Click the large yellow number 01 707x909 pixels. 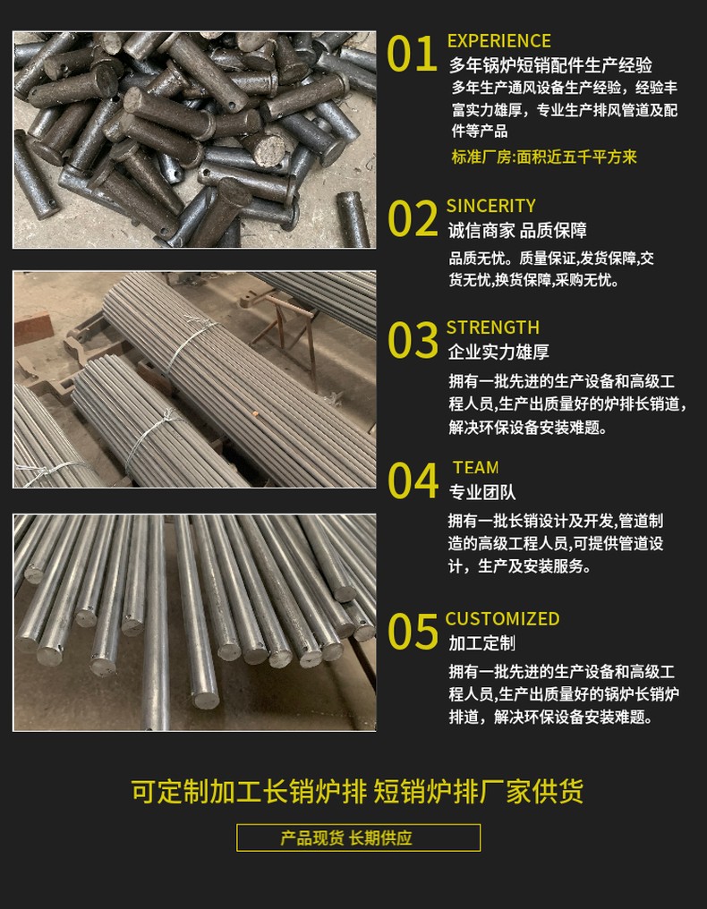coord(412,54)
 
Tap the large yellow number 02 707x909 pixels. coord(413,218)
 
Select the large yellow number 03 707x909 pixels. coord(413,340)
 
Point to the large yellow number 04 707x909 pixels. coord(413,480)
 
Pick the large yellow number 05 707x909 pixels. coord(413,632)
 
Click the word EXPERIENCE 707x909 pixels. coord(498,40)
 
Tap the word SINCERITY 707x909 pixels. coord(490,206)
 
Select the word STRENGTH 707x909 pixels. coord(492,327)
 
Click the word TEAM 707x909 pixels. coord(475,468)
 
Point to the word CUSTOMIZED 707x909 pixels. coord(502,619)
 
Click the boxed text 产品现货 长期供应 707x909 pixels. coord(359,837)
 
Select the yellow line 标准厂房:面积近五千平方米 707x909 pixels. coord(544,157)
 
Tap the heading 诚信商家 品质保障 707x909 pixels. coord(517,231)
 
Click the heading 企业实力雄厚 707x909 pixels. coord(498,352)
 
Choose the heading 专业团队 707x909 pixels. coord(482,492)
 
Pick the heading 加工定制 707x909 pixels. coord(482,643)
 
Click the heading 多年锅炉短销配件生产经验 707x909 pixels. coord(550,65)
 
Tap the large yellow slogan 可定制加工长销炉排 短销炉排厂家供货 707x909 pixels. coord(357,791)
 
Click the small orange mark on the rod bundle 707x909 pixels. coord(253,413)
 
